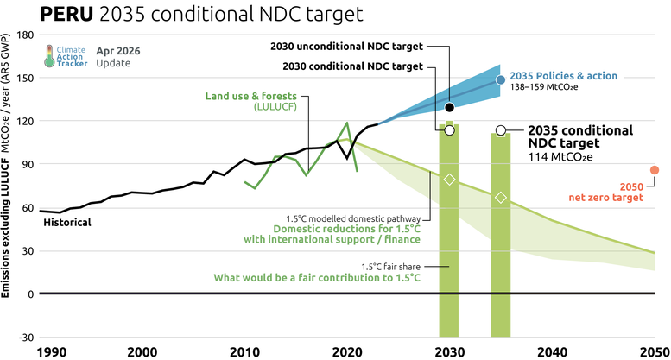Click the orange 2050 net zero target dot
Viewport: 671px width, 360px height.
655,170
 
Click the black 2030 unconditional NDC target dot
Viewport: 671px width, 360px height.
449,107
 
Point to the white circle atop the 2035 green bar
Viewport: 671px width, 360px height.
501,130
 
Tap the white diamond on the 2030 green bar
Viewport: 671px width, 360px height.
449,179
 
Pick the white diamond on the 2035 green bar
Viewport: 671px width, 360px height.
501,198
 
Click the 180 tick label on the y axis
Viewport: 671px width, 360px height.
24,35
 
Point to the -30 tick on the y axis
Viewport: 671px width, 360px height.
24,338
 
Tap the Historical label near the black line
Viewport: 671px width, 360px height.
66,223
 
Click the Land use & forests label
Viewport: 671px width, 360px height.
252,96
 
